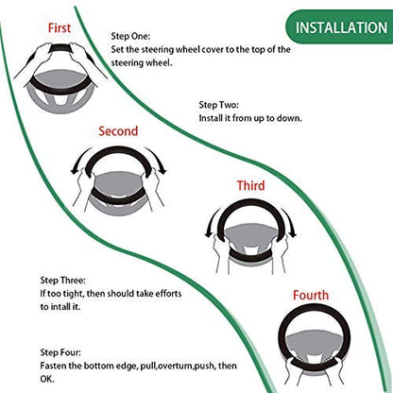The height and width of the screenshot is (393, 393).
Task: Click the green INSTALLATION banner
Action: point(339,27)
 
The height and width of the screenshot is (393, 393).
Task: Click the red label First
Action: point(60,27)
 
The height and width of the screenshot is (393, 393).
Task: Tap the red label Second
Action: point(118,131)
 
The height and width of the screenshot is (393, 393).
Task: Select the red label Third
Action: point(250,185)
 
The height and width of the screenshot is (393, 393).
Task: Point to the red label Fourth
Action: point(311,295)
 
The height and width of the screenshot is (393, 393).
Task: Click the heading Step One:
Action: point(130,36)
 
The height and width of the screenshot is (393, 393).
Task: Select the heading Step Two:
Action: point(218,105)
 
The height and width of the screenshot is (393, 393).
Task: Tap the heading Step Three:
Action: point(62,281)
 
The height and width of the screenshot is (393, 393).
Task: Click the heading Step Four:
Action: point(60,352)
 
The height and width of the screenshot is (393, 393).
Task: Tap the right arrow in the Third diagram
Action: point(290,223)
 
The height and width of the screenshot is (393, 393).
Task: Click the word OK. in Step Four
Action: point(47,379)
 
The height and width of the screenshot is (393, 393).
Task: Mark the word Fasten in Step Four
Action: point(53,366)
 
